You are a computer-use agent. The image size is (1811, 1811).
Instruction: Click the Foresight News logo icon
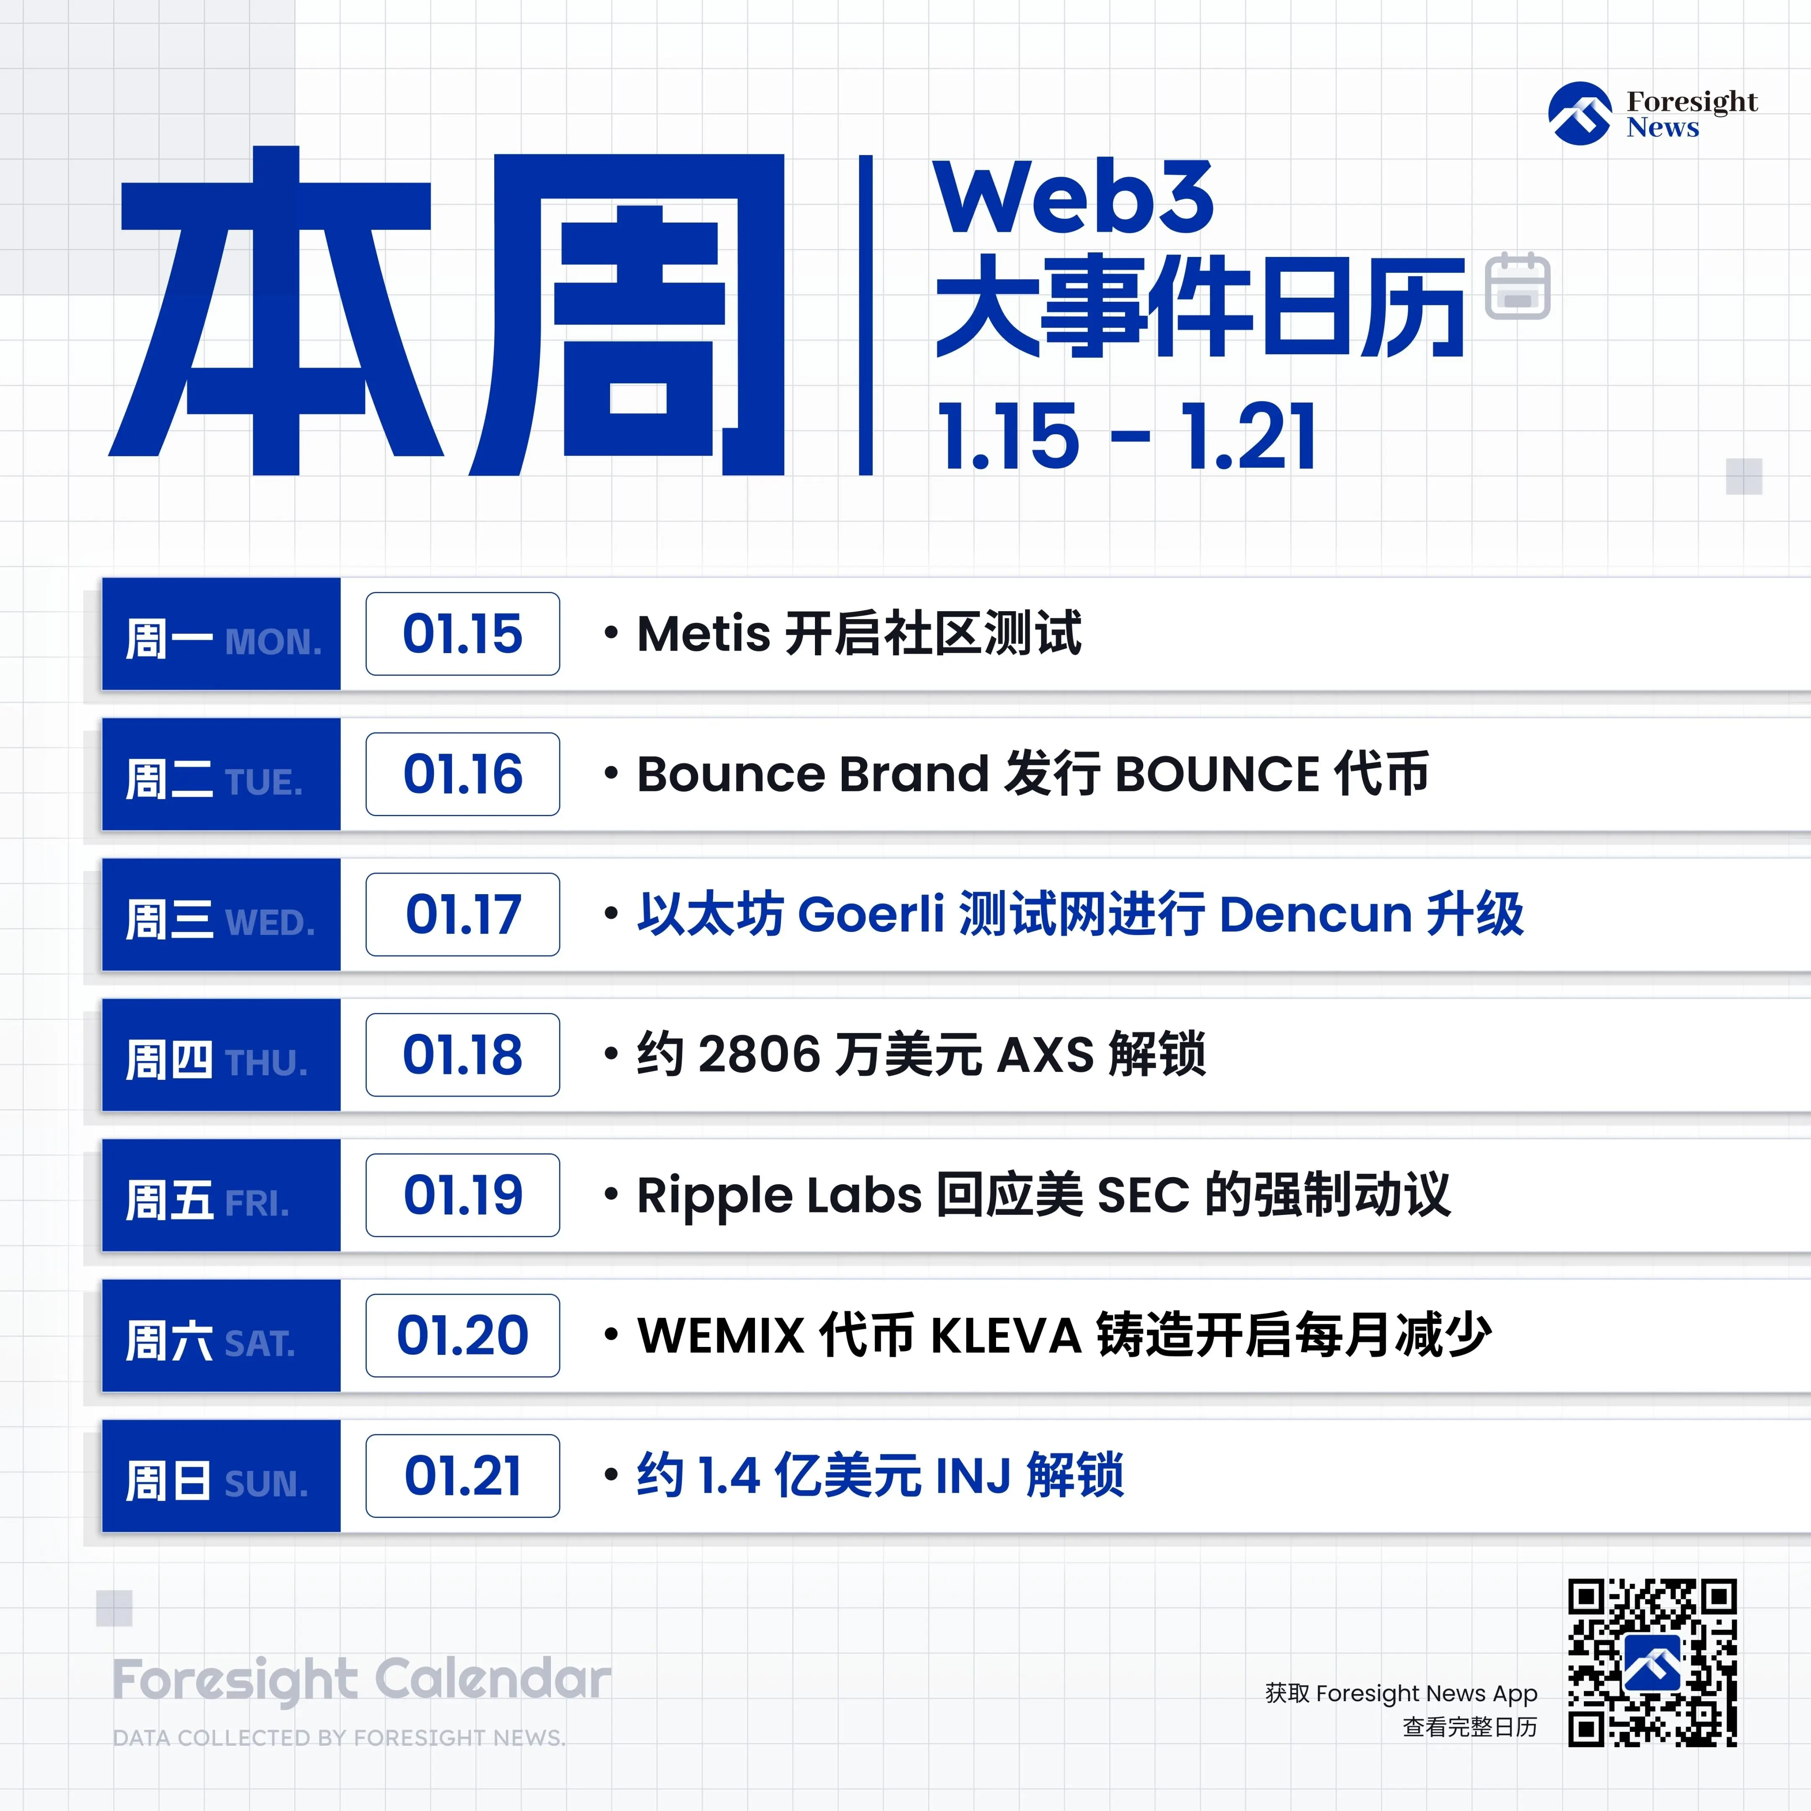click(1580, 114)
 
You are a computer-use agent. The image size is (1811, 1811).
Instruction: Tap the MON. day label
click(273, 642)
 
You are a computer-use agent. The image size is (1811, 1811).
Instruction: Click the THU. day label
click(266, 1063)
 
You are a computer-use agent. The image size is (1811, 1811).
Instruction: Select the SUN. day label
click(266, 1484)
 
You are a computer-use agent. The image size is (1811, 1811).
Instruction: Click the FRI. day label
click(257, 1204)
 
